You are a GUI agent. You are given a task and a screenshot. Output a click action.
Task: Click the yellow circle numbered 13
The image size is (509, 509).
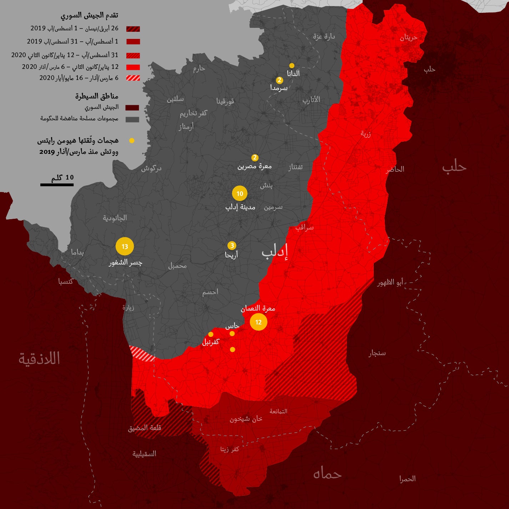tap(125, 246)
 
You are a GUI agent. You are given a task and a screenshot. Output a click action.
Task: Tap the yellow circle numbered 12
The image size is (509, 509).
tap(258, 322)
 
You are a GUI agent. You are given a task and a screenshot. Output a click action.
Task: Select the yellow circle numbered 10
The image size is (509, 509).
tap(240, 193)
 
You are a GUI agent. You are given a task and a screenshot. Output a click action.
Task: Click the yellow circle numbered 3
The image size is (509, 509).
tap(232, 246)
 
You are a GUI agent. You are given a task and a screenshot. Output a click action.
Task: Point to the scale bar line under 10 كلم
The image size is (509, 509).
tap(57, 185)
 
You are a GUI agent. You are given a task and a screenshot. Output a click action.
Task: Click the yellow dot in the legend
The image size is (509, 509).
tap(132, 141)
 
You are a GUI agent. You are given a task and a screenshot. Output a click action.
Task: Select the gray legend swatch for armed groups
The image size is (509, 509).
tap(132, 120)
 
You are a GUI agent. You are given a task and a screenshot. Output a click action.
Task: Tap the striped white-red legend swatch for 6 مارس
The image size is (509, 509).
tap(133, 78)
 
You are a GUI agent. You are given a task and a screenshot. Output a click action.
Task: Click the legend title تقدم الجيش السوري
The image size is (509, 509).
tap(89, 15)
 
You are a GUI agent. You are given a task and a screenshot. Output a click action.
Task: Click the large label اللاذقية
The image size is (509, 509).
tap(39, 358)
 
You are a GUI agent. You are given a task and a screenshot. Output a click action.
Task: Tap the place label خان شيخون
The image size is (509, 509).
tap(246, 419)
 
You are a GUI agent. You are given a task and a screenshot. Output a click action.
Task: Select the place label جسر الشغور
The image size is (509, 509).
tap(125, 263)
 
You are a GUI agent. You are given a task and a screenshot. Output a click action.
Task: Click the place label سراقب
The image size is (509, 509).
tap(304, 227)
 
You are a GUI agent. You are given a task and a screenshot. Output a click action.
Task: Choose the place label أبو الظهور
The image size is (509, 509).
tap(390, 282)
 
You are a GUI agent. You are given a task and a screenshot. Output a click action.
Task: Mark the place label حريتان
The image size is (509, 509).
tap(408, 37)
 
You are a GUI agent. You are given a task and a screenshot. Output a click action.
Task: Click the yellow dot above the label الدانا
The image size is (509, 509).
tap(292, 66)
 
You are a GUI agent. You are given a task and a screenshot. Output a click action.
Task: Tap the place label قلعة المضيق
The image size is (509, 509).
tap(145, 428)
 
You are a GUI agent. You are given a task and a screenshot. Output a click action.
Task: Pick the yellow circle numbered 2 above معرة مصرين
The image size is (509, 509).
tap(254, 157)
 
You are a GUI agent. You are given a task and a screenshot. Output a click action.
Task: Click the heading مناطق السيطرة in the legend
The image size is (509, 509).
tap(97, 96)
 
